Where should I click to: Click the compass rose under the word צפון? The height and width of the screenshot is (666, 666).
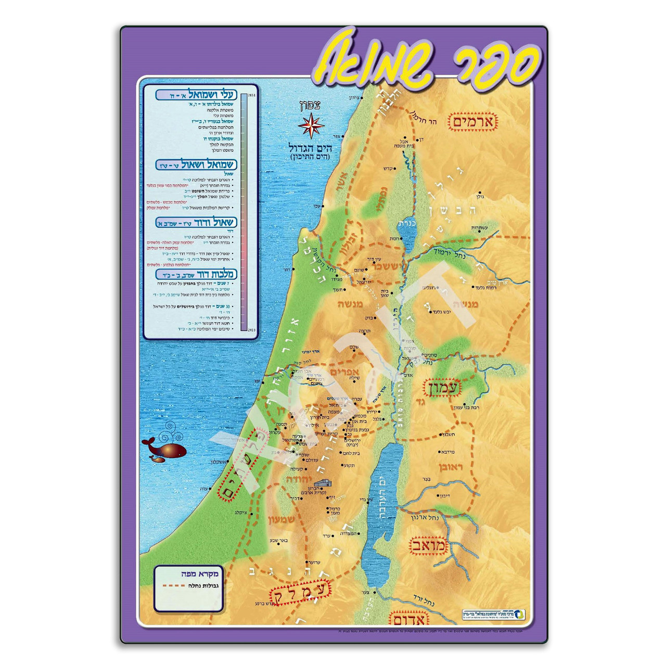(311, 125)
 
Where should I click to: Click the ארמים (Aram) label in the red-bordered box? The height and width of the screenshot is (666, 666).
(475, 122)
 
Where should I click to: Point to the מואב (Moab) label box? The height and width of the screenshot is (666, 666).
(428, 546)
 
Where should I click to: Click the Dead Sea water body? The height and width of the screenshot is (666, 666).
(381, 499)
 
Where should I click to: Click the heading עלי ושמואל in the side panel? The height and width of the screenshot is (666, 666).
(197, 95)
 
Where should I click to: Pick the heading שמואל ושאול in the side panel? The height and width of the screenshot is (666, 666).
(197, 165)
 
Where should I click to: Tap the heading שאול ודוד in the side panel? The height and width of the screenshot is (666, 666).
(197, 223)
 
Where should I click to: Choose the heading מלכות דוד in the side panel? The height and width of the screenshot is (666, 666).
(197, 274)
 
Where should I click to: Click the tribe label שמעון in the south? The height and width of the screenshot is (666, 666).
(281, 519)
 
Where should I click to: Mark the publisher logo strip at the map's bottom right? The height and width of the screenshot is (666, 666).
(493, 614)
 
